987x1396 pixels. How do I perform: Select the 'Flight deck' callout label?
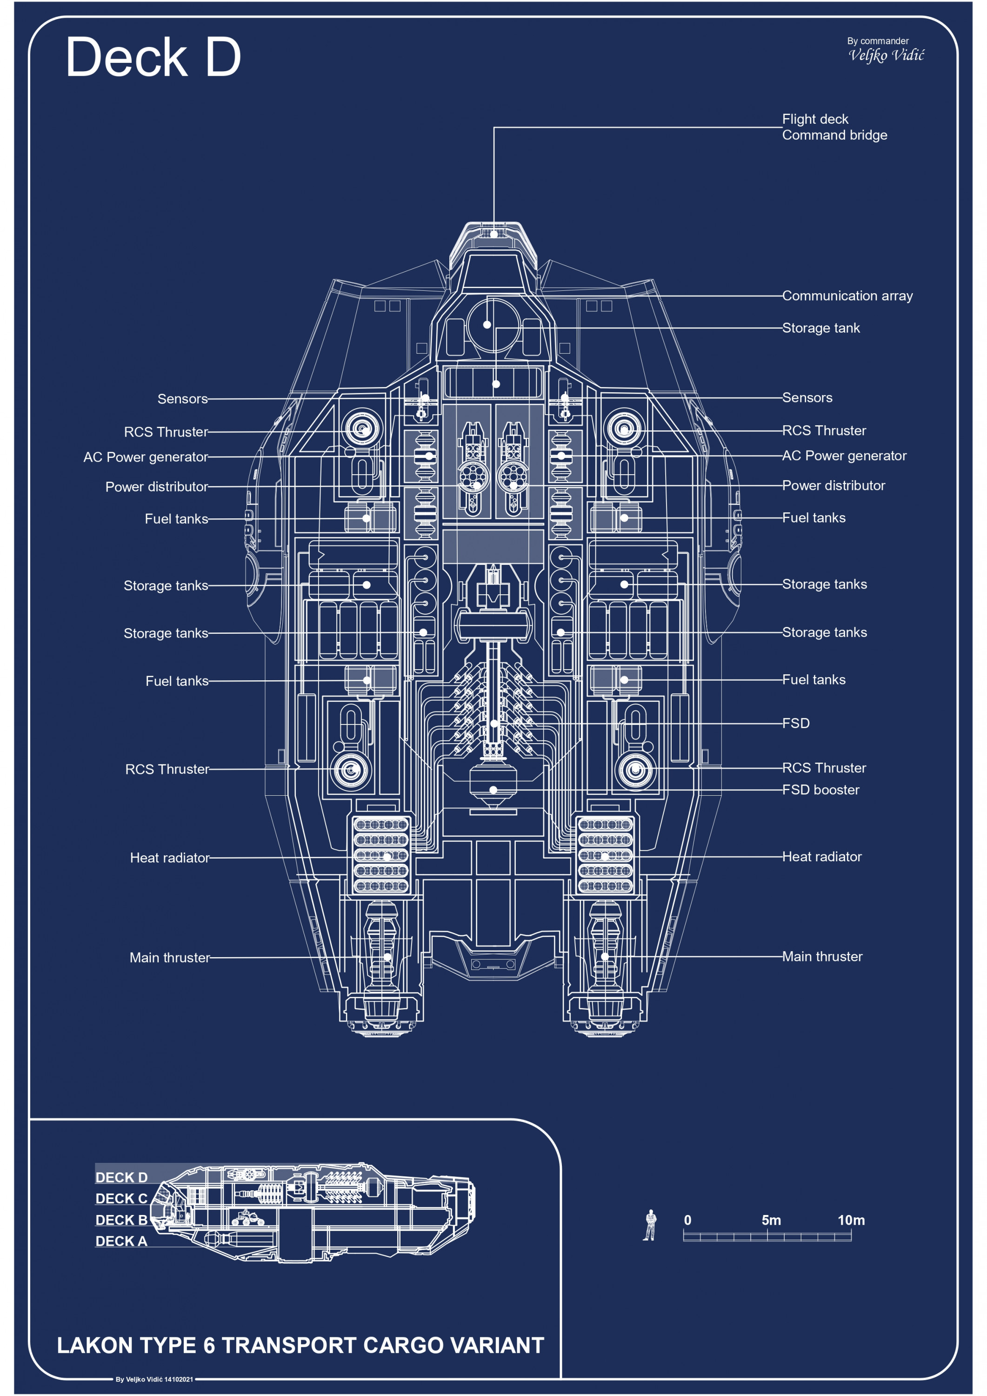pyautogui.click(x=814, y=119)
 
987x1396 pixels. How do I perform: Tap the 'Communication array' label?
pyautogui.click(x=847, y=296)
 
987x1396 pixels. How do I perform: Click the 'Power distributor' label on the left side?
pyautogui.click(x=157, y=487)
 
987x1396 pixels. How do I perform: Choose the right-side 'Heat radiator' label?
pyautogui.click(x=822, y=857)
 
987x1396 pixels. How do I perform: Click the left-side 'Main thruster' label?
pyautogui.click(x=170, y=958)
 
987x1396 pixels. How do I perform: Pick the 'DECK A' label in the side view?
pyautogui.click(x=121, y=1241)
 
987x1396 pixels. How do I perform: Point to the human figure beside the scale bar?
pyautogui.click(x=650, y=1225)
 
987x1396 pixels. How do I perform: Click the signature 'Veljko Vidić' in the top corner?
pyautogui.click(x=886, y=56)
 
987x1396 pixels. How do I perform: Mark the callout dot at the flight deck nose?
pyautogui.click(x=494, y=234)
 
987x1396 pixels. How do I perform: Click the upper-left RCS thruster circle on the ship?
pyautogui.click(x=362, y=429)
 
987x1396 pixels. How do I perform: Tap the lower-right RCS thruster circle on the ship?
pyautogui.click(x=635, y=770)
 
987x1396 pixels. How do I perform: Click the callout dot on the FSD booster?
pyautogui.click(x=493, y=790)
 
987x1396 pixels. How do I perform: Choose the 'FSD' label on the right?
pyautogui.click(x=795, y=723)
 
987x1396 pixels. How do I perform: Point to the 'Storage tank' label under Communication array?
pyautogui.click(x=820, y=329)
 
